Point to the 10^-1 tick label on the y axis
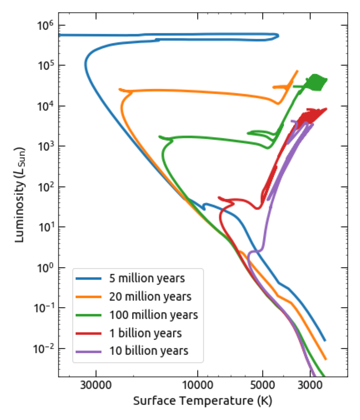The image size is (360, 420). pyautogui.click(x=43, y=308)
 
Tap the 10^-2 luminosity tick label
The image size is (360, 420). pyautogui.click(x=43, y=348)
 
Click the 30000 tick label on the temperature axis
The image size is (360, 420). pyautogui.click(x=96, y=386)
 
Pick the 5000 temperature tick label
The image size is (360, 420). pyautogui.click(x=262, y=386)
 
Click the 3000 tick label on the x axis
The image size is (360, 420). pyautogui.click(x=310, y=386)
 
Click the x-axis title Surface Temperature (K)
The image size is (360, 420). pyautogui.click(x=202, y=401)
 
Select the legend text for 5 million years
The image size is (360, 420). pyautogui.click(x=147, y=278)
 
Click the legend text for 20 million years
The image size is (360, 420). pyautogui.click(x=150, y=297)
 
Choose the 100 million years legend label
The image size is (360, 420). pyautogui.click(x=153, y=315)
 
